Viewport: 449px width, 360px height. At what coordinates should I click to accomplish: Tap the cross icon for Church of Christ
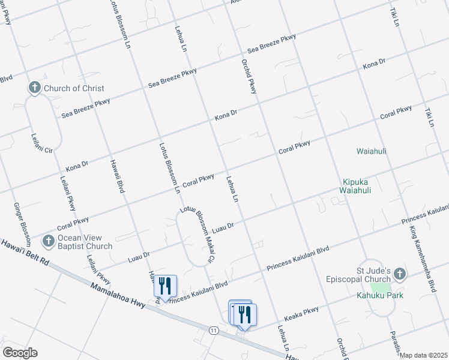click(x=34, y=89)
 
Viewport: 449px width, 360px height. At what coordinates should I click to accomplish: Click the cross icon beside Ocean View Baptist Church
click(x=48, y=242)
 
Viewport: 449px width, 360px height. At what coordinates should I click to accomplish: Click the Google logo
click(x=20, y=353)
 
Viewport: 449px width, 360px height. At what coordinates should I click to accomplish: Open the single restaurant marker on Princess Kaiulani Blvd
click(x=164, y=287)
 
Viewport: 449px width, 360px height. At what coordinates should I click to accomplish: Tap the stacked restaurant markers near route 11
click(x=243, y=314)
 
